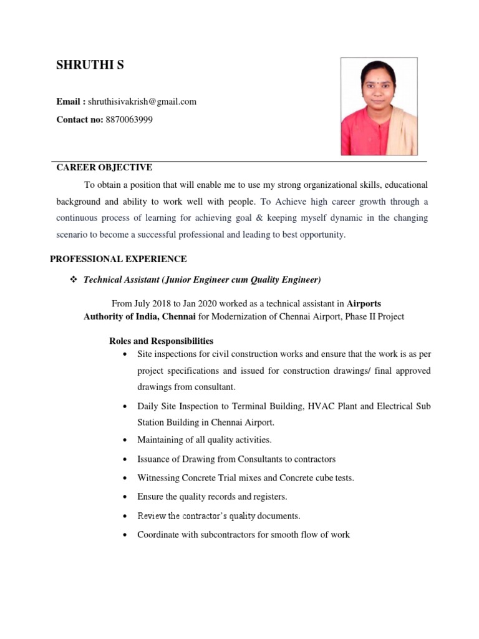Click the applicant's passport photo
[379, 106]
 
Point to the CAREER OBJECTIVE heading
[104, 167]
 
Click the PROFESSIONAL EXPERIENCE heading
[119, 258]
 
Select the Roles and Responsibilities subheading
[162, 341]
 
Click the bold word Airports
[364, 304]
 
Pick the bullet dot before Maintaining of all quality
[126, 441]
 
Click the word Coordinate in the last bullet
[160, 535]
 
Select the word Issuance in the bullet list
[155, 459]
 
